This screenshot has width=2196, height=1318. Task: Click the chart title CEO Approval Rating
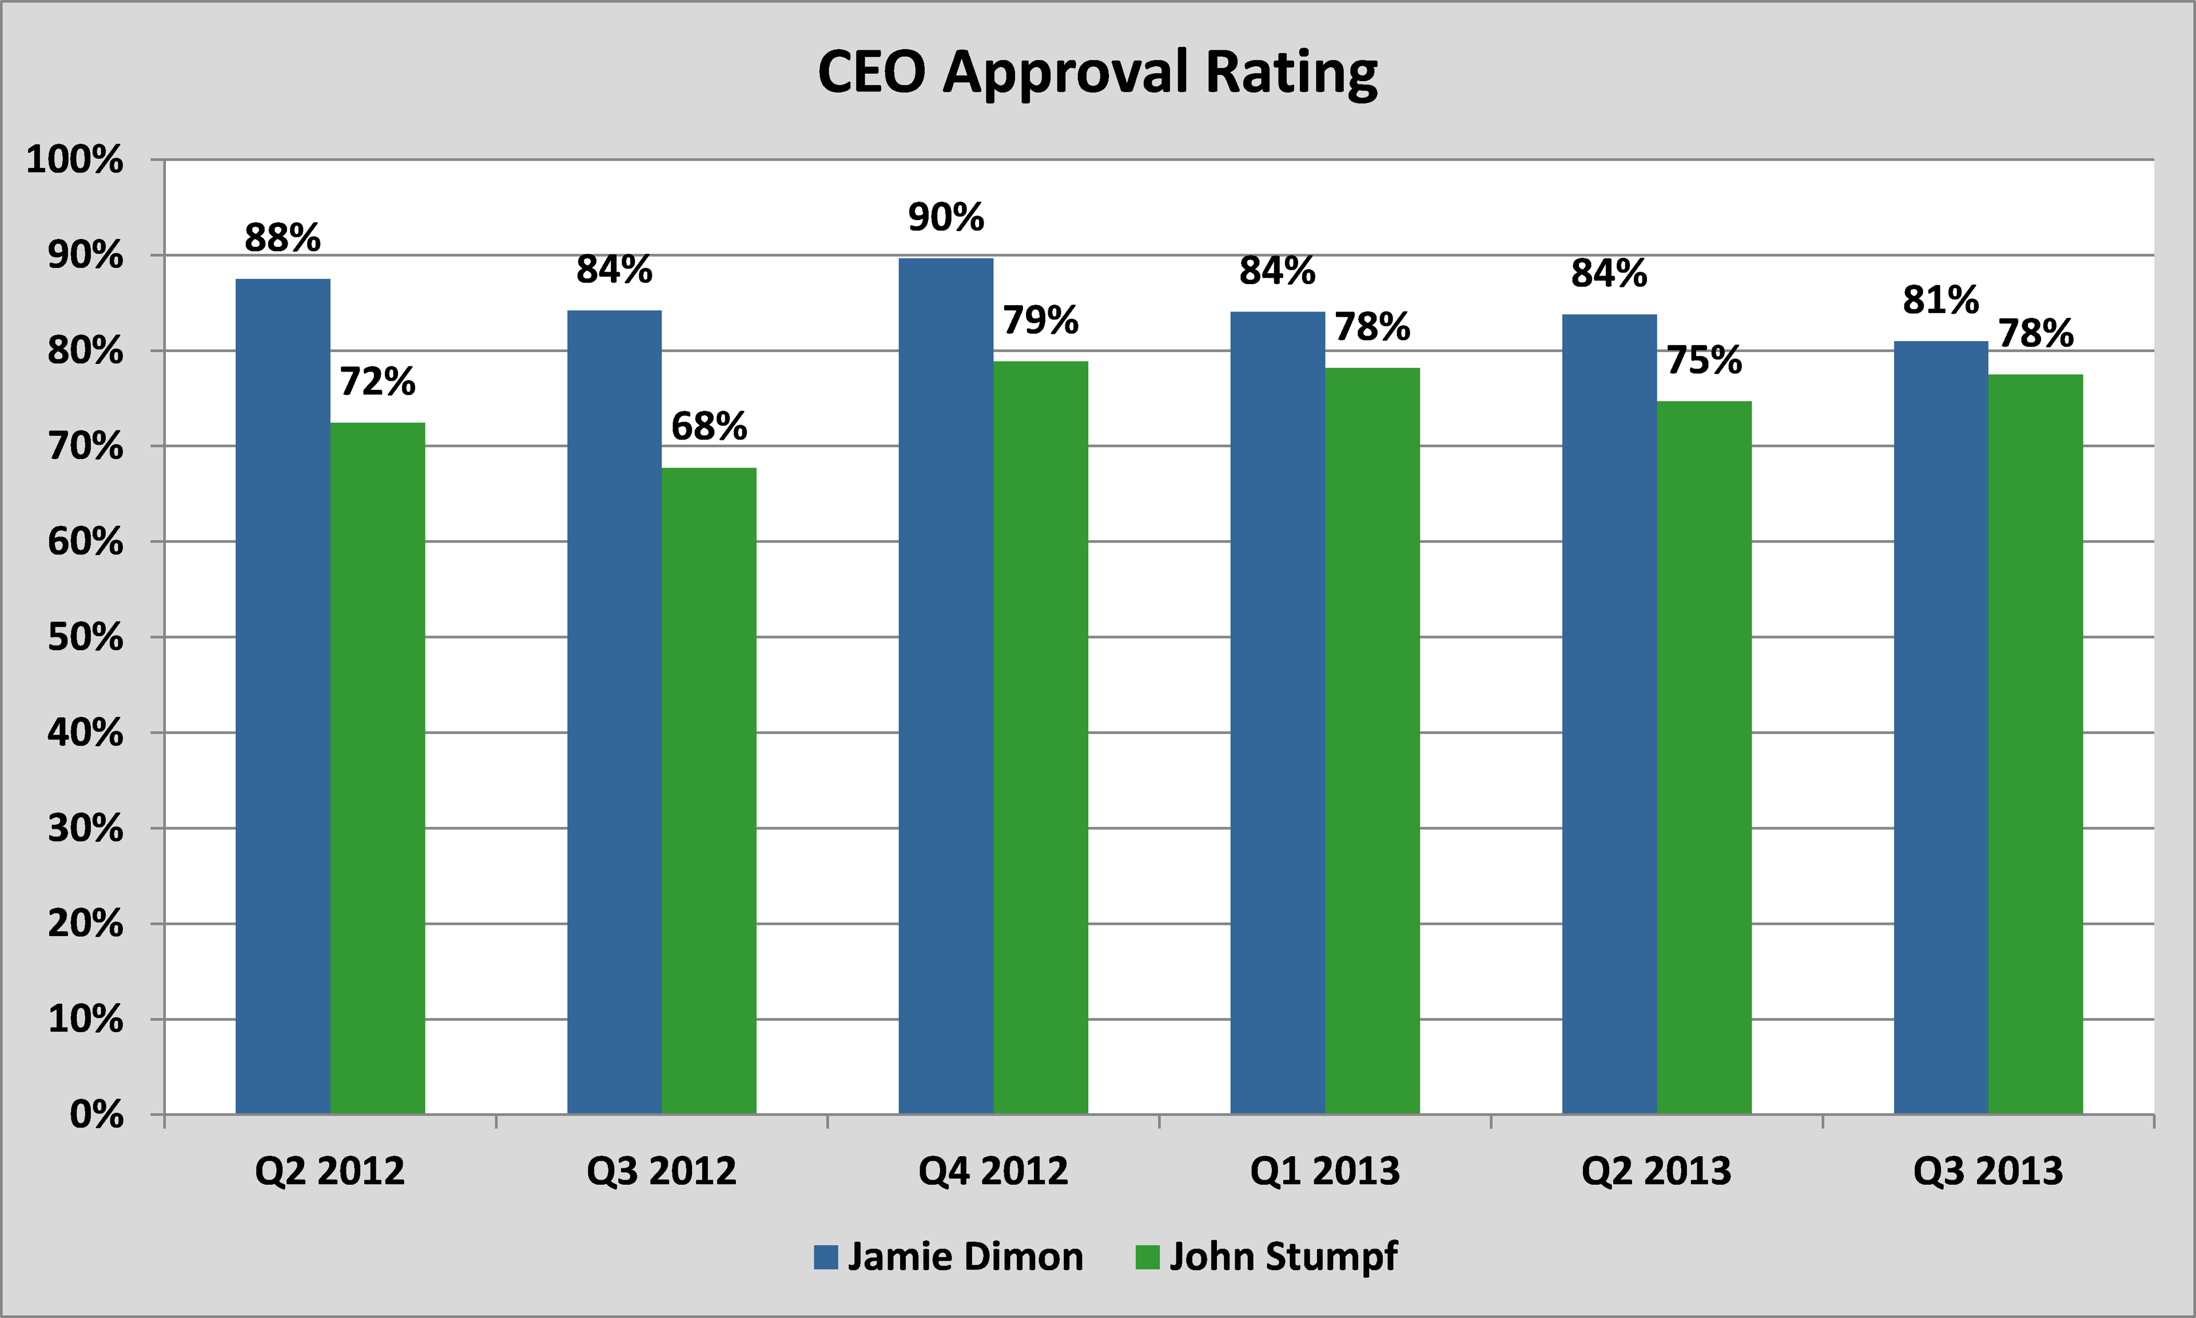click(1097, 73)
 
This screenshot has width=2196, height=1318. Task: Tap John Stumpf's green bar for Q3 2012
click(709, 790)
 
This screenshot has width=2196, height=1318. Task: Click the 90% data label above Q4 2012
click(946, 218)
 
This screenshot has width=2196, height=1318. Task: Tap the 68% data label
click(709, 426)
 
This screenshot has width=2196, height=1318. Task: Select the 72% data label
click(377, 382)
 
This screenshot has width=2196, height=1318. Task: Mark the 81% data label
click(1941, 300)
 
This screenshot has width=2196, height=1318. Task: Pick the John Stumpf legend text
click(1284, 1257)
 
